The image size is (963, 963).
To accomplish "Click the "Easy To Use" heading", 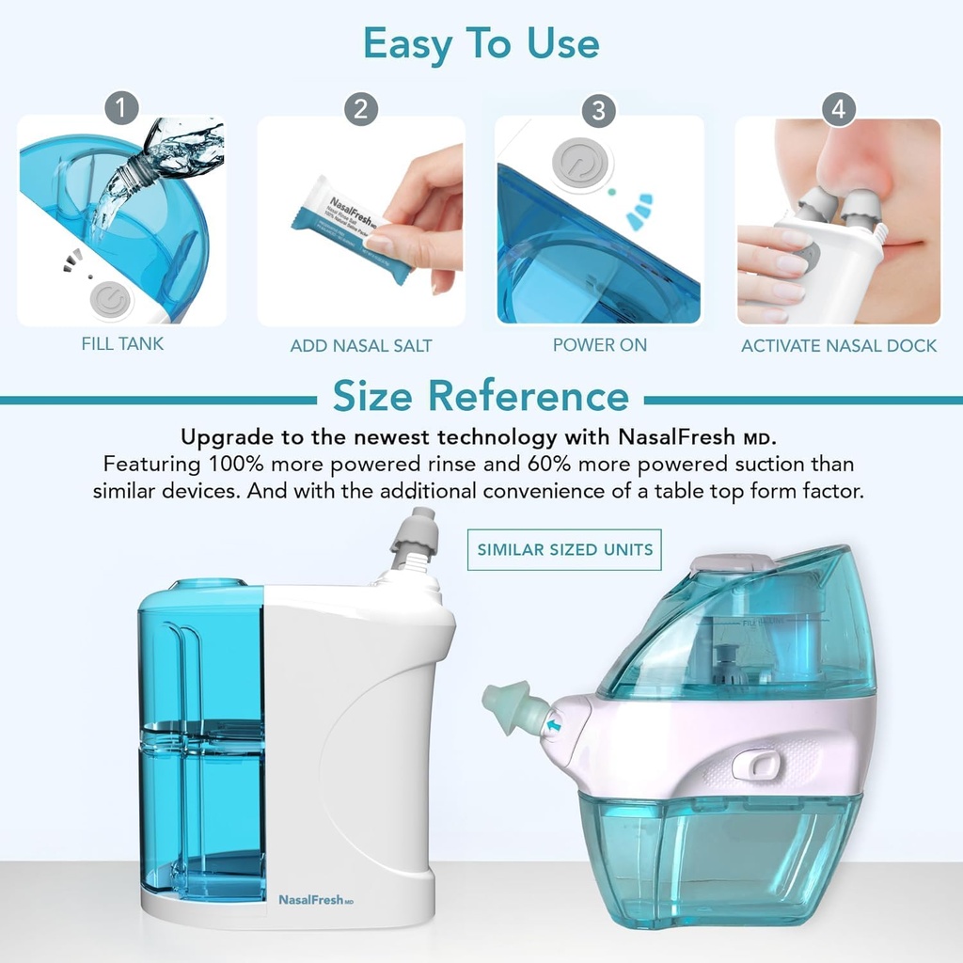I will pyautogui.click(x=481, y=43).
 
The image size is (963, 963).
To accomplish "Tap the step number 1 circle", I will pyautogui.click(x=120, y=108).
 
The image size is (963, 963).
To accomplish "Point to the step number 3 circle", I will pyautogui.click(x=599, y=110).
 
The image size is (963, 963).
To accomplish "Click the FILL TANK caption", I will pyautogui.click(x=122, y=344).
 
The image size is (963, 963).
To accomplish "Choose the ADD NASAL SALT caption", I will pyautogui.click(x=361, y=346).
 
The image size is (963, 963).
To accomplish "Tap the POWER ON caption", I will pyautogui.click(x=599, y=345).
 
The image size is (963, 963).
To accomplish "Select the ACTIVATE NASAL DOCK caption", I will pyautogui.click(x=838, y=346).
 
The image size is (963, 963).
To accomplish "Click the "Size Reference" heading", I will pyautogui.click(x=481, y=396).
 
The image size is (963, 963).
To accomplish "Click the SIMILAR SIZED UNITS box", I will pyautogui.click(x=564, y=549).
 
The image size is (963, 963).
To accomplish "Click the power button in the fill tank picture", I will pyautogui.click(x=112, y=301).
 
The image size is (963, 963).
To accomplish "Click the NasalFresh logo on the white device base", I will pyautogui.click(x=315, y=900).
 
